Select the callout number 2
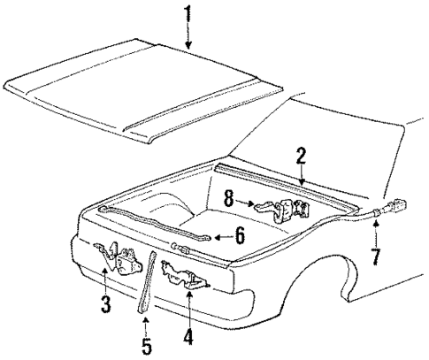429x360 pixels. [302, 157]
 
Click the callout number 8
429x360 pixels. [228, 202]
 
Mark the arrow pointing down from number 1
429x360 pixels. [187, 35]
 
